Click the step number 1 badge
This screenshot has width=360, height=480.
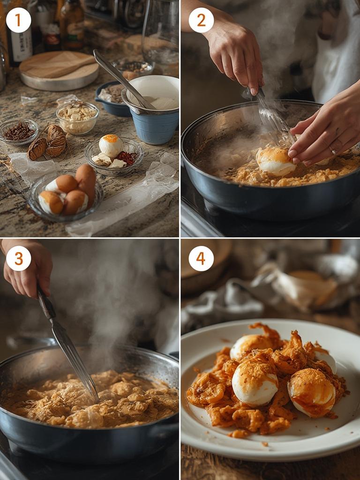(19, 20)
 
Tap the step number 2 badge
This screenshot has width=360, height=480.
(201, 20)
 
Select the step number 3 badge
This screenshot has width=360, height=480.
(19, 258)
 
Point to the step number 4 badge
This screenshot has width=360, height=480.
(201, 258)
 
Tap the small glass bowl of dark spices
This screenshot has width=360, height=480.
(19, 131)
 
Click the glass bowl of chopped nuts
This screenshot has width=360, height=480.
(77, 117)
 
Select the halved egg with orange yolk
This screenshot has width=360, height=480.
(111, 146)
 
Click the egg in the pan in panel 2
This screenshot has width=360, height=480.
(275, 161)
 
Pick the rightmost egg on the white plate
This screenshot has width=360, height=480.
(312, 391)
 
